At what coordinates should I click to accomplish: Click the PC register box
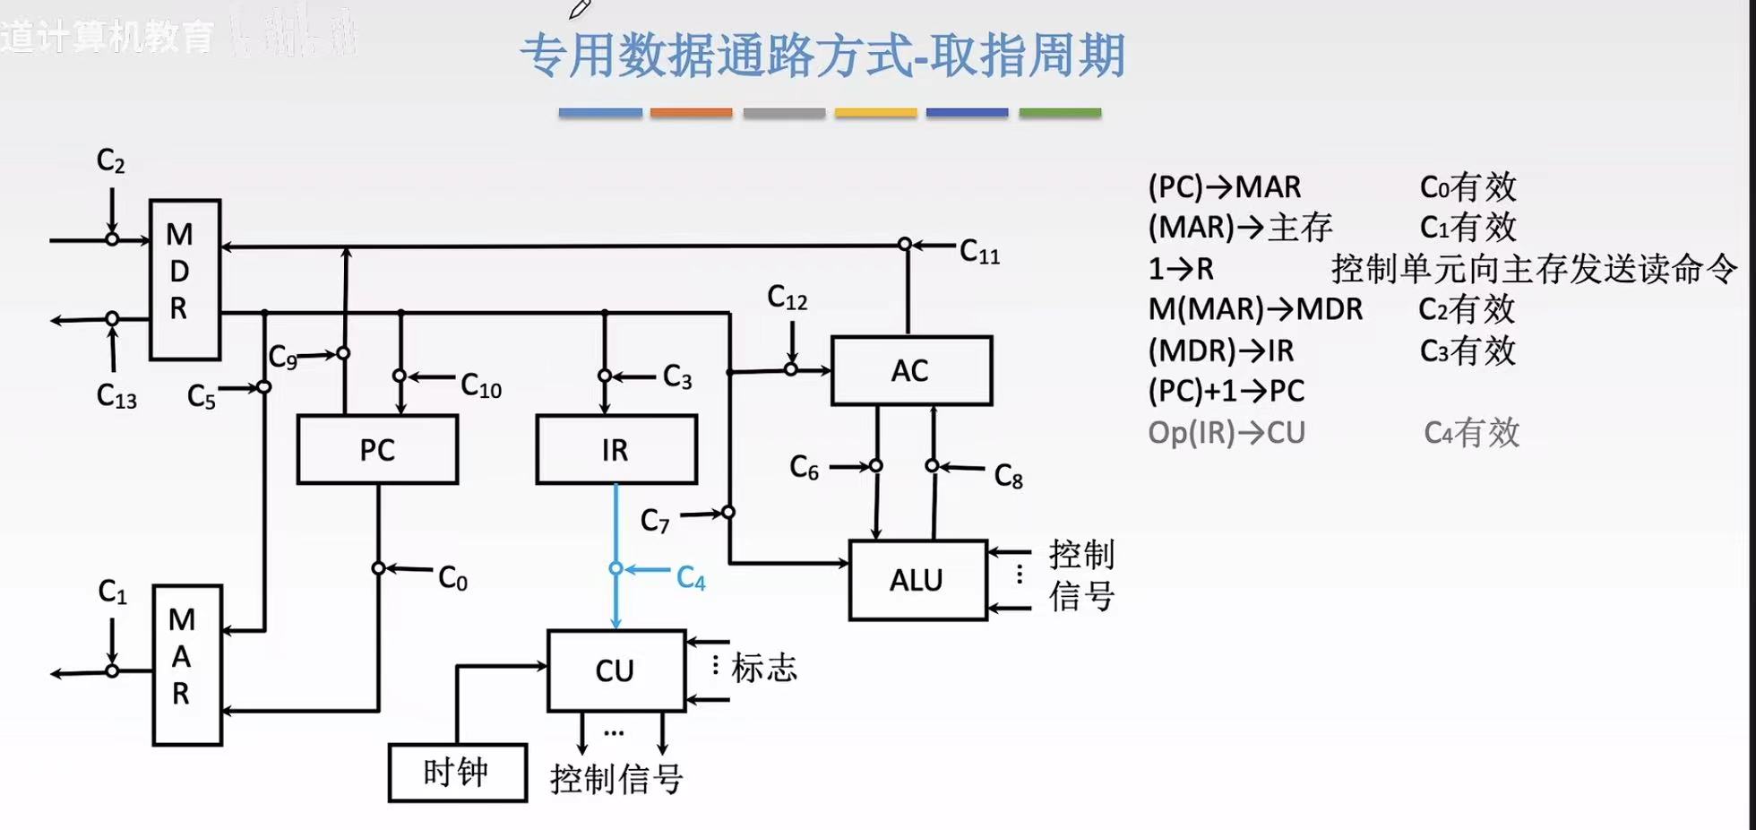tap(377, 449)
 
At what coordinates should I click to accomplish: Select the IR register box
tap(615, 449)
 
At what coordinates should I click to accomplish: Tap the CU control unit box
tap(615, 670)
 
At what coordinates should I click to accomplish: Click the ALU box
tap(917, 580)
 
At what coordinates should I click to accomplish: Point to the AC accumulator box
tap(910, 370)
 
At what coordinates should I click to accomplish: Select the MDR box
tap(184, 279)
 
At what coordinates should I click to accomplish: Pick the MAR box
tap(185, 664)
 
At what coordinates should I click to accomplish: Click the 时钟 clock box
tap(457, 772)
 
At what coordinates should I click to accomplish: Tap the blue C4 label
tap(691, 578)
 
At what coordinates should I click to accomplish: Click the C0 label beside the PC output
tap(452, 578)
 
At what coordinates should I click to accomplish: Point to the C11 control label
tap(979, 252)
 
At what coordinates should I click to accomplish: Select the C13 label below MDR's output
tap(116, 396)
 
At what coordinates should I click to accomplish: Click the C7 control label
tap(655, 521)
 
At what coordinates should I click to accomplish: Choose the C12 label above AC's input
tap(787, 298)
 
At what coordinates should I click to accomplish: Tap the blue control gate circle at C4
tap(615, 568)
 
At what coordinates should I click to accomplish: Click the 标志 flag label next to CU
tap(763, 668)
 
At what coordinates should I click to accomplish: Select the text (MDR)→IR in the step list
tap(1220, 350)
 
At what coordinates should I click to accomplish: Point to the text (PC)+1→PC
tap(1226, 391)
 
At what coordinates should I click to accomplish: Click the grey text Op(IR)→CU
tap(1226, 433)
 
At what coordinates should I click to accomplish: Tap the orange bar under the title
tap(691, 113)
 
